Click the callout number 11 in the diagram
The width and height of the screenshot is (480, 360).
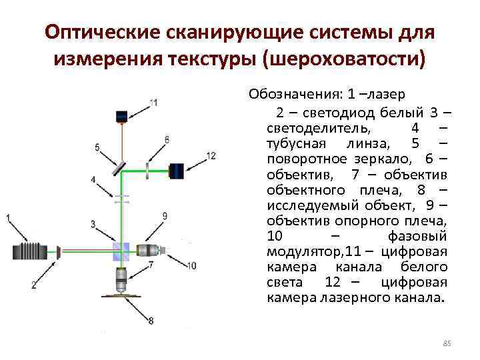tap(154, 103)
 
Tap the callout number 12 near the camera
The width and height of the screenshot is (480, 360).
tap(211, 155)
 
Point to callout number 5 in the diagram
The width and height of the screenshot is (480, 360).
tap(97, 147)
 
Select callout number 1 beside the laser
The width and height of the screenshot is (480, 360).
tap(8, 218)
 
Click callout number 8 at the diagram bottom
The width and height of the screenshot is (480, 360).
tap(151, 321)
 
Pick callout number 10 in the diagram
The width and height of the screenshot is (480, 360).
tap(192, 266)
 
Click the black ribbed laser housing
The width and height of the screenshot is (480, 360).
tap(31, 252)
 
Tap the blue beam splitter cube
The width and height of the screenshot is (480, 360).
tap(121, 251)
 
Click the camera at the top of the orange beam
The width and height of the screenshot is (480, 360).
tap(121, 117)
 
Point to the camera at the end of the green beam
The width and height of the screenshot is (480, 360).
tap(176, 171)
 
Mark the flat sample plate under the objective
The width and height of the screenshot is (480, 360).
tap(122, 295)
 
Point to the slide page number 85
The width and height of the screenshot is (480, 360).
tap(447, 343)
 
